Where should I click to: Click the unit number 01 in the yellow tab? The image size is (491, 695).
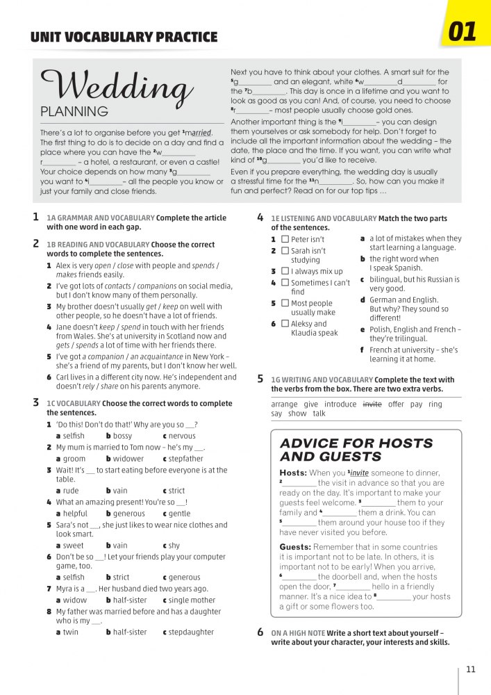(x=463, y=32)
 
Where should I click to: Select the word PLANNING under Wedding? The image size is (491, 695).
(x=74, y=111)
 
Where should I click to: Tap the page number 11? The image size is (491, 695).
(x=471, y=670)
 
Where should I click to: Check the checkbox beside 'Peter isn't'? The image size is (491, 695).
(x=285, y=240)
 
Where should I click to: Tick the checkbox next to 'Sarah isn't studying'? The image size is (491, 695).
(x=285, y=251)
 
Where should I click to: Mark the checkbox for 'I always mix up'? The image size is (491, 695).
(x=285, y=271)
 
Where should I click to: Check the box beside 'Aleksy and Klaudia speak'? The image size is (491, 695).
(x=285, y=324)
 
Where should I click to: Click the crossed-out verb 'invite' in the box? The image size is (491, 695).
(x=372, y=404)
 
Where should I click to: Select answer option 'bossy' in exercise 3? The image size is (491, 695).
(x=122, y=436)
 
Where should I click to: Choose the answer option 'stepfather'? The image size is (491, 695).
(x=186, y=459)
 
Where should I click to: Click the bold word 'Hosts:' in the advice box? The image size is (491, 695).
(x=293, y=473)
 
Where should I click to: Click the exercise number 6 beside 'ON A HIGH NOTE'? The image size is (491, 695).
(x=260, y=632)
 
